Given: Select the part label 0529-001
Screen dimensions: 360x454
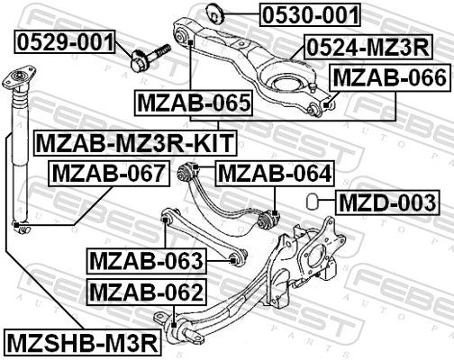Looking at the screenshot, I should [66, 41].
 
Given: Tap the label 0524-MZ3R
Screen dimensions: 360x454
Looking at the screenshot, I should [367, 46].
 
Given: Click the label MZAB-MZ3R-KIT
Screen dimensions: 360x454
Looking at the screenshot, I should [134, 141].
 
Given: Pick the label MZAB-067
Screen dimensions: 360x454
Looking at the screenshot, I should [108, 172].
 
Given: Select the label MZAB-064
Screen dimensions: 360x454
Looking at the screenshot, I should [275, 172].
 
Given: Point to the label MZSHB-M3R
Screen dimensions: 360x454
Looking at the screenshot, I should [82, 342].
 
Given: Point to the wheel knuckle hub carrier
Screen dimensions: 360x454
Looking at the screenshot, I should [298, 257].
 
